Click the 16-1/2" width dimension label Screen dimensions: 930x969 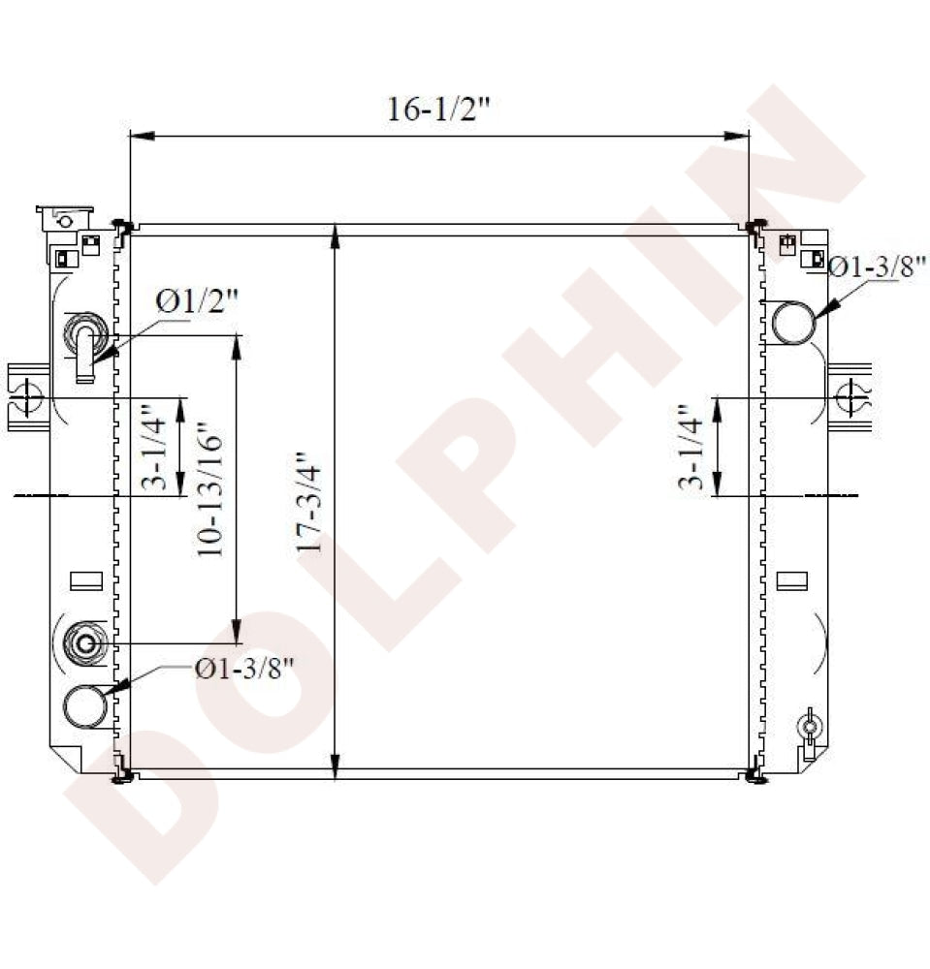[438, 109]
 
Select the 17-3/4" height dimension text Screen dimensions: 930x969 [309, 502]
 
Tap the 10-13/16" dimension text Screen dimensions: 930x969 [209, 489]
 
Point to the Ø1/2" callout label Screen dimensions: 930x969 [197, 302]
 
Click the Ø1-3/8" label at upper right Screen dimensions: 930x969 [878, 267]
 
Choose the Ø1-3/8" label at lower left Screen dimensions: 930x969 [243, 669]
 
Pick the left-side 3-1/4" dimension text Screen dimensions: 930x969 [154, 446]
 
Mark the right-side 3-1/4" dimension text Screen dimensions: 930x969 [690, 447]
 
